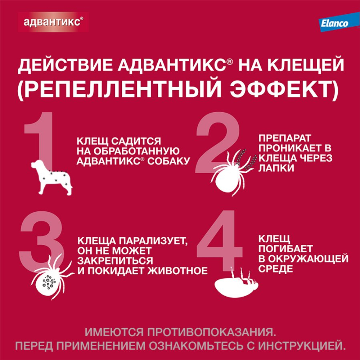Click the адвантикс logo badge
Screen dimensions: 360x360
tap(53, 22)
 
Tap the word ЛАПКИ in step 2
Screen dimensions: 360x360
tap(275, 168)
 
